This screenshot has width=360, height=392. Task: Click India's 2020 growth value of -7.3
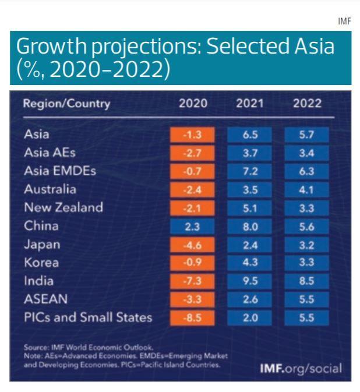(x=192, y=281)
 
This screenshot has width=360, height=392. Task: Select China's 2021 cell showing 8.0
(x=249, y=226)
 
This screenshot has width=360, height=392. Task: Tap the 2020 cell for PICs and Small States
(x=192, y=317)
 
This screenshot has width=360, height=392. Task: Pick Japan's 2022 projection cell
(x=306, y=244)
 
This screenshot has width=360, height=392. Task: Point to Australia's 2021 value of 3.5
(x=249, y=189)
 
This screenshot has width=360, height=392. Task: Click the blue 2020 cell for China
(x=192, y=226)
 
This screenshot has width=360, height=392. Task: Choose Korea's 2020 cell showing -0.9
(x=192, y=262)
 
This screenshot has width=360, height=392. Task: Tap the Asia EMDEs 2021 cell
(x=249, y=171)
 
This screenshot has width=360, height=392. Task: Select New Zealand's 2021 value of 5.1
(x=249, y=208)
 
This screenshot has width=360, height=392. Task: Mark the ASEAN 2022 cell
(x=306, y=299)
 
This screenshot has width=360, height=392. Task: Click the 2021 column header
(x=249, y=104)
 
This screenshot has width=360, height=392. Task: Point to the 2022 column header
(x=306, y=104)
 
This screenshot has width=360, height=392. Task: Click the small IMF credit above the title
(x=345, y=22)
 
